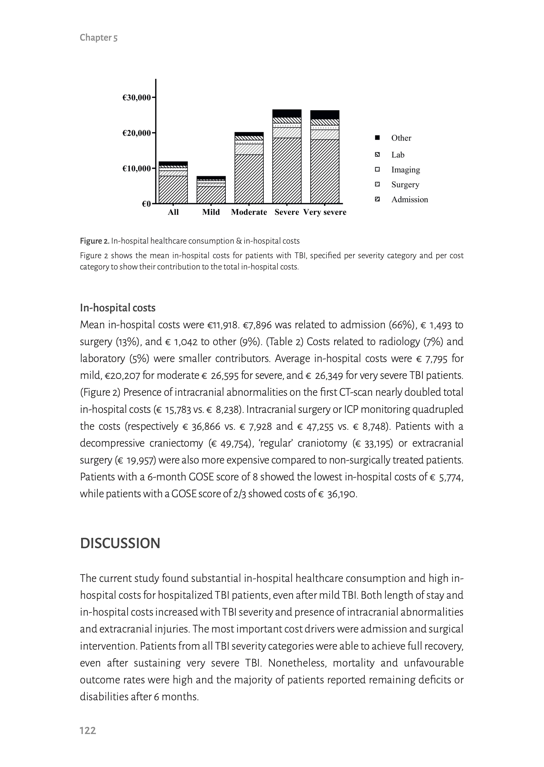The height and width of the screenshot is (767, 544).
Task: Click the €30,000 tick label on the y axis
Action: point(136,98)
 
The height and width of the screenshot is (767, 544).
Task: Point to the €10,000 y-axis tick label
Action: point(136,168)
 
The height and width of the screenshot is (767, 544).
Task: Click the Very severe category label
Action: point(325,212)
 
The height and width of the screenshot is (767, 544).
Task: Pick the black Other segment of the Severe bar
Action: point(287,113)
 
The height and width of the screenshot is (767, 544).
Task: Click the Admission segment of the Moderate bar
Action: point(249,179)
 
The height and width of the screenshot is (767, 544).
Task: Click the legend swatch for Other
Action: point(377,138)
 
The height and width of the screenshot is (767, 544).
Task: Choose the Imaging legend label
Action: point(405,170)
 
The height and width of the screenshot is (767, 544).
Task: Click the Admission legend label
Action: point(409,199)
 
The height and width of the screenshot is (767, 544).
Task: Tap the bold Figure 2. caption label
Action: point(94,241)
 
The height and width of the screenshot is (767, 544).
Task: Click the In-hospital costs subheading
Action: point(117,308)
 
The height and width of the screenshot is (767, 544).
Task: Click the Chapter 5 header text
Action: point(99,38)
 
